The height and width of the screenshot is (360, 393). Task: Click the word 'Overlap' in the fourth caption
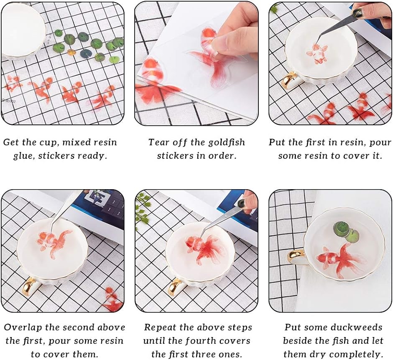(22, 327)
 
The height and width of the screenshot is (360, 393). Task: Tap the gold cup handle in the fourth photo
(30, 286)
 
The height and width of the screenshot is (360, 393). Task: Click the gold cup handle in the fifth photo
(176, 288)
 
